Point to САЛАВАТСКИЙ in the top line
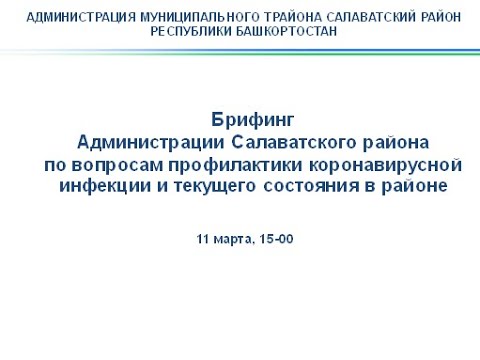click(345, 17)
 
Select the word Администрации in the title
click(147, 141)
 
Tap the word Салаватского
click(294, 141)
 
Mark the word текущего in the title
click(205, 185)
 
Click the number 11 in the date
click(204, 239)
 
